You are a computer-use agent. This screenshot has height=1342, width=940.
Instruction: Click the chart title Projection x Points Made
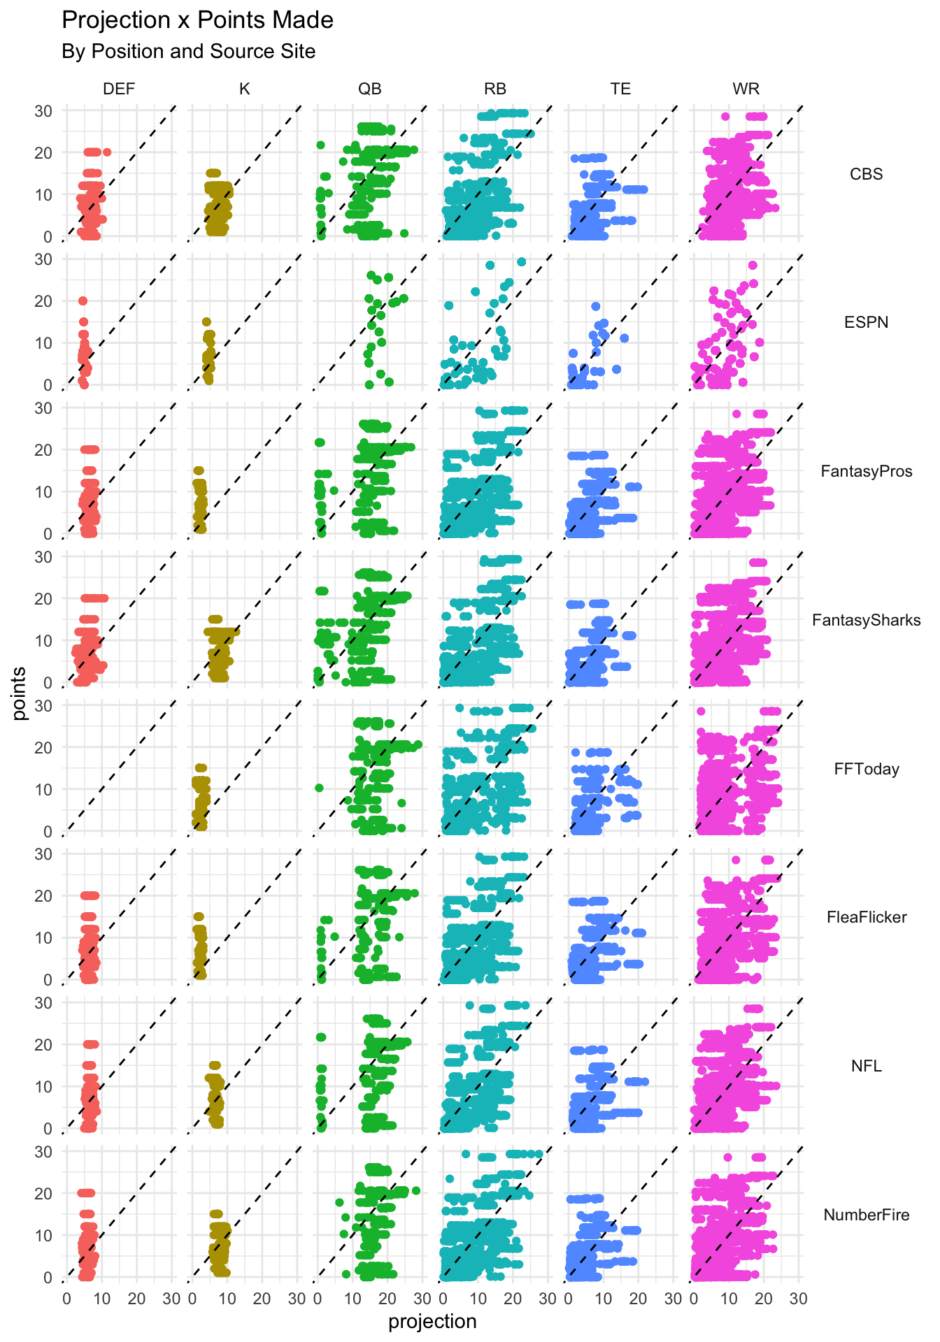click(197, 20)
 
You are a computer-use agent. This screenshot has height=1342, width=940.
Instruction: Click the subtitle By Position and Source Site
click(188, 52)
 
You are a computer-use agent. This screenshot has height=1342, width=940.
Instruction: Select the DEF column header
click(119, 89)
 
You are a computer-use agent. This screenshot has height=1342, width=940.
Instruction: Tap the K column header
click(244, 89)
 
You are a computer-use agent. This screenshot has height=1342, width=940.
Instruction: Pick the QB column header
click(370, 89)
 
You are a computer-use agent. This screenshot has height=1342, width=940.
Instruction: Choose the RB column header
click(495, 89)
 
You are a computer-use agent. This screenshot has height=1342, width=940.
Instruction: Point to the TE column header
click(620, 89)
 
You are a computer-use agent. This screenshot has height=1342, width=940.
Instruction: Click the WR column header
click(746, 89)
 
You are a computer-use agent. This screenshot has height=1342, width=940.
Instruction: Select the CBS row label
click(866, 174)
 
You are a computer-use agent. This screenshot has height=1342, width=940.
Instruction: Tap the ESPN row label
click(866, 322)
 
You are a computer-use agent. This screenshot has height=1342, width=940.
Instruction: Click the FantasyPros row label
click(866, 471)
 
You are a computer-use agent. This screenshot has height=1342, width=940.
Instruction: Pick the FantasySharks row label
click(866, 620)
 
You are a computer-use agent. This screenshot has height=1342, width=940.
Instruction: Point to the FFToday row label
click(866, 769)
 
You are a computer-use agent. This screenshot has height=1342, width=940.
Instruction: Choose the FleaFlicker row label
click(866, 917)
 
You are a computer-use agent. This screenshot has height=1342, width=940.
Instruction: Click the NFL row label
click(866, 1066)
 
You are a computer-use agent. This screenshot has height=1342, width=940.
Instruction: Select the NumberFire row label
click(866, 1215)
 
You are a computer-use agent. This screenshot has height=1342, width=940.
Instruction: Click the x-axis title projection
click(432, 1321)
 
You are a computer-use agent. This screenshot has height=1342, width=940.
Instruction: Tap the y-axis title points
click(20, 693)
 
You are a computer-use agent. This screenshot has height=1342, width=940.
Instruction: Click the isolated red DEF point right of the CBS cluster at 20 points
click(107, 152)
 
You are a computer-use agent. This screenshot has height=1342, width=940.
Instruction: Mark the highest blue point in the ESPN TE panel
click(596, 306)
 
